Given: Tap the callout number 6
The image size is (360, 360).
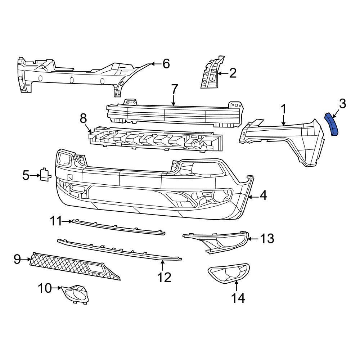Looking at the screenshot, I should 166,64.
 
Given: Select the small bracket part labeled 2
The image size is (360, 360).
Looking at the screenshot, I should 210,73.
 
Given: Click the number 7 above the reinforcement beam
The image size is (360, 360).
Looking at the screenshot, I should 174,89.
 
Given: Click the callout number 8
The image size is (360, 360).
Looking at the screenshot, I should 83,118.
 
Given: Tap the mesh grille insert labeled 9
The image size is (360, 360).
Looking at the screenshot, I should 72,267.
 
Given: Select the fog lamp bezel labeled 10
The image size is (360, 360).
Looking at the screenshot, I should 76,293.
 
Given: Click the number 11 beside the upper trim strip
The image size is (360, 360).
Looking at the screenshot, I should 56,221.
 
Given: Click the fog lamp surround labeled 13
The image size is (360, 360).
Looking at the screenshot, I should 216,242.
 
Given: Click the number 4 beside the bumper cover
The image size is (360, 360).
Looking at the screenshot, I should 263,196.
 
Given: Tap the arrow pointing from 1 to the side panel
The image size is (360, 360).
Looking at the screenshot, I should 284,120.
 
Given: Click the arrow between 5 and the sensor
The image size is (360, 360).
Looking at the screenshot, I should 35,175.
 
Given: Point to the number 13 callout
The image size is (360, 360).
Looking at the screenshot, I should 267,238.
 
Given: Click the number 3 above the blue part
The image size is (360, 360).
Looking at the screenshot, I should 342,104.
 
